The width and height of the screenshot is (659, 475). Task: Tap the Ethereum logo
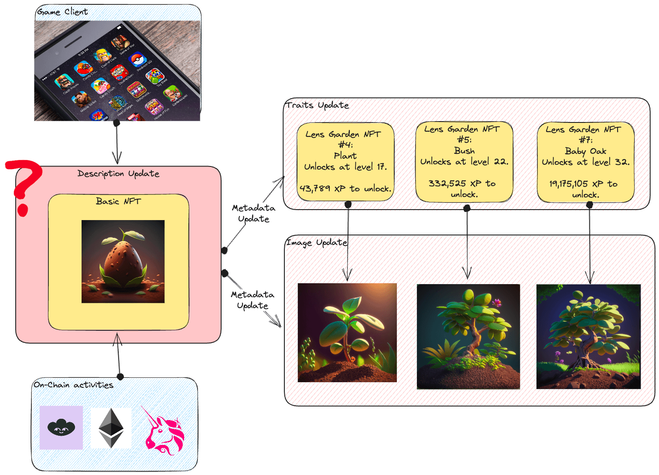tap(111, 428)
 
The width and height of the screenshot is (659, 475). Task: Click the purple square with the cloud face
tap(61, 427)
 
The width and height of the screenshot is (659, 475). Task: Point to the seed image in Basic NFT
tap(123, 261)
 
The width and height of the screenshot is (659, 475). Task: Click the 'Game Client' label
tap(62, 12)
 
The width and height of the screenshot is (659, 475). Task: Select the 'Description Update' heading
tap(118, 173)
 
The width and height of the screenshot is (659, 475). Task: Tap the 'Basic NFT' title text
tap(118, 201)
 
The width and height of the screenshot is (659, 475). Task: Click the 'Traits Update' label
tap(317, 105)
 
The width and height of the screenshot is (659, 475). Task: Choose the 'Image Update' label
tap(317, 242)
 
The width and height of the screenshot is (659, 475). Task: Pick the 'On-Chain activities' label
tap(73, 385)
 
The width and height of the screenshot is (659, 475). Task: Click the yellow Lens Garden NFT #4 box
tap(345, 162)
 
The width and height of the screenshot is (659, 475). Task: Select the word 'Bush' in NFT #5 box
tap(464, 151)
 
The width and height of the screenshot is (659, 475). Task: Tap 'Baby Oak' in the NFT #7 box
tap(585, 151)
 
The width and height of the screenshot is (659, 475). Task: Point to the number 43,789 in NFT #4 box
tap(315, 189)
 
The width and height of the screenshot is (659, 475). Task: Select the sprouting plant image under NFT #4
tap(347, 332)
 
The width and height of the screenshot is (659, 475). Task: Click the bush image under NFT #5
tap(468, 336)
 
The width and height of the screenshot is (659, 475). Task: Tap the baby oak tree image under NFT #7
tap(588, 336)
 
